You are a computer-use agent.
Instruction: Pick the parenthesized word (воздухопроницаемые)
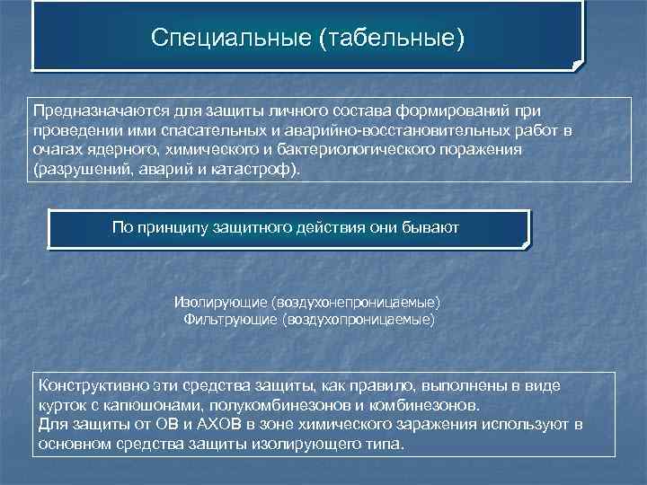tap(359, 319)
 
